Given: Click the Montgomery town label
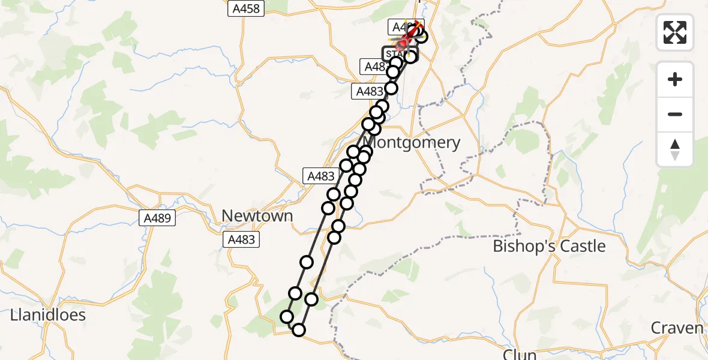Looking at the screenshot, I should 412,143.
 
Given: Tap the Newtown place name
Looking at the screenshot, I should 257,216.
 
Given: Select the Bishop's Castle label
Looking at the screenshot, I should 549,247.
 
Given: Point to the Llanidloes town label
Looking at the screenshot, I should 48,315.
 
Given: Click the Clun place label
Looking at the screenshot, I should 520,354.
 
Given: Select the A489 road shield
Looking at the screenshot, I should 160,219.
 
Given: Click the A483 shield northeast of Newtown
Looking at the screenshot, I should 320,176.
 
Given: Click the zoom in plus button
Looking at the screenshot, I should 675,79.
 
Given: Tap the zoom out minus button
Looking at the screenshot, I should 675,114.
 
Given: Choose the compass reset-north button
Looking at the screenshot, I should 675,149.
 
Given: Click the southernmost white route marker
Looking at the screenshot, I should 298,329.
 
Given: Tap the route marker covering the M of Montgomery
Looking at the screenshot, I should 367,151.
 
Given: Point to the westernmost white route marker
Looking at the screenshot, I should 287,317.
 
